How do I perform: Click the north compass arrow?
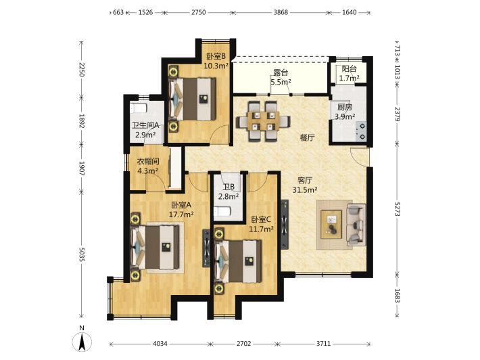82,342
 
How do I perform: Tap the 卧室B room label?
216,56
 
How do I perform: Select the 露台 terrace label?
281,73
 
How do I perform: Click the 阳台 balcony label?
349,69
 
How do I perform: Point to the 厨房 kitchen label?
345,107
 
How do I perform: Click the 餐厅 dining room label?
308,137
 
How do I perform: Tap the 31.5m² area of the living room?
305,190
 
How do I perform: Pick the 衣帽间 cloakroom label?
148,161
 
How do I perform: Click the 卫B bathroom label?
229,187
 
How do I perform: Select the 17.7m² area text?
181,215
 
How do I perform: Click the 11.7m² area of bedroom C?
261,229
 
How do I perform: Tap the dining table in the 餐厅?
263,121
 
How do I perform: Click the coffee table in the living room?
331,225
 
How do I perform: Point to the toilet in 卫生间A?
139,108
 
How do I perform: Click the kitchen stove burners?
361,131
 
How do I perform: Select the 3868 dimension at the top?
281,13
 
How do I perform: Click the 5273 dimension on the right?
397,208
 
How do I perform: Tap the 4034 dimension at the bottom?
160,344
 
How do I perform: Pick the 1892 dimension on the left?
81,121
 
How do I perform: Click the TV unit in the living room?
285,225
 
